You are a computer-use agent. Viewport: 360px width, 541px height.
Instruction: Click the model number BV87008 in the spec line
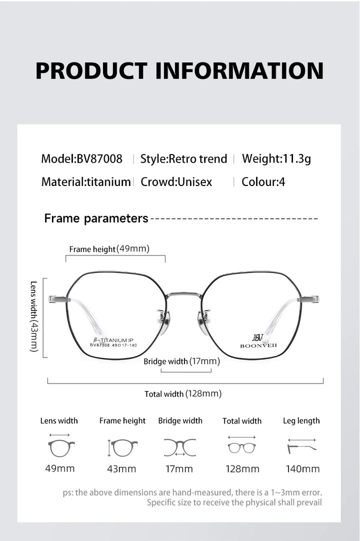pos(99,158)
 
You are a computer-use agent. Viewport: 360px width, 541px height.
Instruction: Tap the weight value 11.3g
pos(297,158)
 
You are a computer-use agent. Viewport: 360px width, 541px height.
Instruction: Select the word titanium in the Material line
pos(108,182)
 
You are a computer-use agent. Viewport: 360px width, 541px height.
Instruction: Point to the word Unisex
pos(194,182)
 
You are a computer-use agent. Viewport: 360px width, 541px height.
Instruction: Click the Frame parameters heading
pos(96,218)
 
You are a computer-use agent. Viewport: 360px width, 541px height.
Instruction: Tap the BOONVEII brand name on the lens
pos(258,345)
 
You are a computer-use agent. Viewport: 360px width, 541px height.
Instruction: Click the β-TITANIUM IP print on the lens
pos(113,340)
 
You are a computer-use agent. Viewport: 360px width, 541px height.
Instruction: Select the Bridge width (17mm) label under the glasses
pos(181,361)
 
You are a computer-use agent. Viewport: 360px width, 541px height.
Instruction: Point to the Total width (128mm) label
pos(183,393)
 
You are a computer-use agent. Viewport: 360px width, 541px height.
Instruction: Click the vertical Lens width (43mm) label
pos(33,316)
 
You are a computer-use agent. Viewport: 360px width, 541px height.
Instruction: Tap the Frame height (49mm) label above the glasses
pos(109,249)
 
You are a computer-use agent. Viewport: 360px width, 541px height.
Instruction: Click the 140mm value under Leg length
pos(302,469)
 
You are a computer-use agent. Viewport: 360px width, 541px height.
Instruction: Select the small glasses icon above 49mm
pos(61,448)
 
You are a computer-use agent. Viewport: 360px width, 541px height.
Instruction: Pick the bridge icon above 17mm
pos(180,447)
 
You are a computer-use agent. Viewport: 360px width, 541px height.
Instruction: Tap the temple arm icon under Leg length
pos(301,448)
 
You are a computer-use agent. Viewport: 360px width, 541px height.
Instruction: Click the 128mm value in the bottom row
pos(242,469)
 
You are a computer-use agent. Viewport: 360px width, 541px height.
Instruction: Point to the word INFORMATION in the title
pos(239,70)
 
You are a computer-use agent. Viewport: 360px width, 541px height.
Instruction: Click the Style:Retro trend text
pos(183,158)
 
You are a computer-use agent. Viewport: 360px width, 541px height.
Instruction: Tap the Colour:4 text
pos(263,182)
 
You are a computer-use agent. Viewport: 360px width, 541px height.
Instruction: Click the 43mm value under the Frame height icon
pos(121,469)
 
